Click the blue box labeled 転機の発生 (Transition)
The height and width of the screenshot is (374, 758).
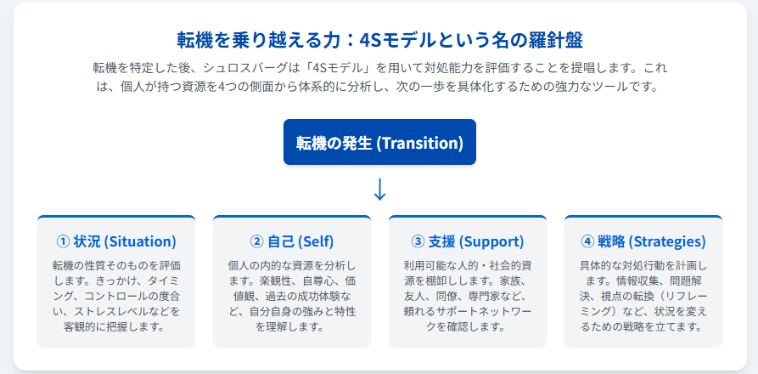click(x=379, y=142)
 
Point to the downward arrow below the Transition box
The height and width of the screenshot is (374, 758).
click(x=380, y=190)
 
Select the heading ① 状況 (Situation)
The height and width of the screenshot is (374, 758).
click(x=116, y=241)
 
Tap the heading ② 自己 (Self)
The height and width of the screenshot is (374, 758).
click(x=291, y=241)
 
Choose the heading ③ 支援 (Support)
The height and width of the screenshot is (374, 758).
click(x=468, y=241)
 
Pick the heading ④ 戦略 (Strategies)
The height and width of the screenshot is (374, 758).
click(x=643, y=241)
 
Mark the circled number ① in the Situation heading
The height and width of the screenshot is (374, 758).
click(x=64, y=241)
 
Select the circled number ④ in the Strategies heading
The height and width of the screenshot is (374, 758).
click(x=587, y=241)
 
